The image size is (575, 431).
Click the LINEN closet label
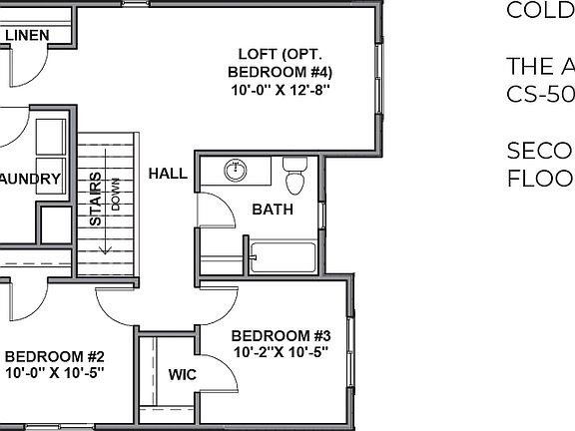pyautogui.click(x=28, y=36)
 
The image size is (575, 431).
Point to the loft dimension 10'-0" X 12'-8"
pyautogui.click(x=280, y=90)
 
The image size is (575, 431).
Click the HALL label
pyautogui.click(x=168, y=174)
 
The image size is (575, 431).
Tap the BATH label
pyautogui.click(x=272, y=210)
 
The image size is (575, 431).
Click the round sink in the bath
pyautogui.click(x=237, y=171)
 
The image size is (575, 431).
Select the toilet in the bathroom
pyautogui.click(x=294, y=177)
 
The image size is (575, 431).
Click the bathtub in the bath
pyautogui.click(x=285, y=257)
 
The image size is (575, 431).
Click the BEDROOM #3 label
pyautogui.click(x=287, y=336)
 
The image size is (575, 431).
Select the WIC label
pyautogui.click(x=182, y=375)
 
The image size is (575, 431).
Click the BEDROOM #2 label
pyautogui.click(x=55, y=356)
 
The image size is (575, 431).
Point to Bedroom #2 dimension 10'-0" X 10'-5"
pyautogui.click(x=55, y=372)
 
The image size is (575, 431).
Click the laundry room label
pyautogui.click(x=30, y=180)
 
